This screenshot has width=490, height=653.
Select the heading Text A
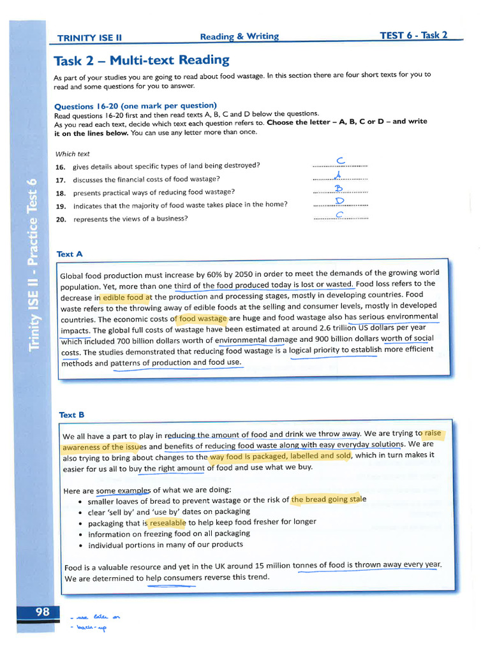point(70,254)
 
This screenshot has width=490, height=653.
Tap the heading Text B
point(71,415)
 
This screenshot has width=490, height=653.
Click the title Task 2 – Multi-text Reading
point(142,61)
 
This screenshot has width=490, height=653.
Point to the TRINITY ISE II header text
point(89,38)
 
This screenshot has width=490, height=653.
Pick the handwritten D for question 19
point(340,201)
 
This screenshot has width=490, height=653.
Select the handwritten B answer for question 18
point(339,187)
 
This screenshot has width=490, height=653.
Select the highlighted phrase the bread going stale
point(329,499)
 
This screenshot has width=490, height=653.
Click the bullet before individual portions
point(78,546)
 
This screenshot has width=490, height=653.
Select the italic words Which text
point(73,154)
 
